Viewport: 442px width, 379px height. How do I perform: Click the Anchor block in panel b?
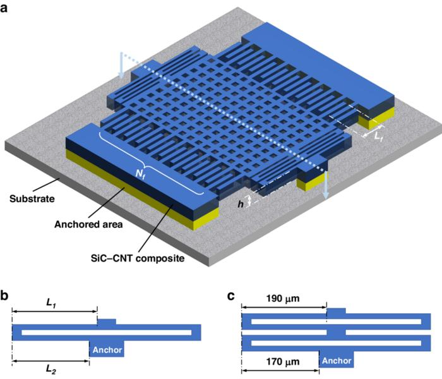(106, 349)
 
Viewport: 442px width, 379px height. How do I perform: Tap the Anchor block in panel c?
(337, 360)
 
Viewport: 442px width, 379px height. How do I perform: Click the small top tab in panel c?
(336, 311)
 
